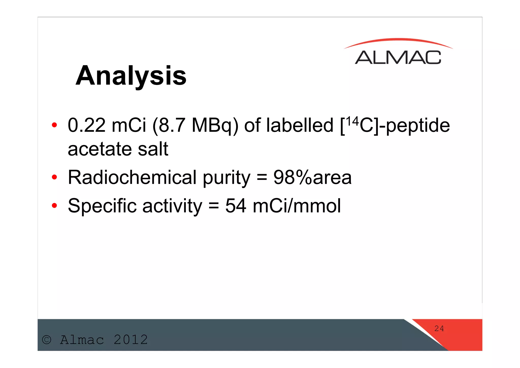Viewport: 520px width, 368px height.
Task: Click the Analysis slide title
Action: (x=131, y=76)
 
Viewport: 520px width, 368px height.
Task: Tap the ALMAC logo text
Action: (x=398, y=58)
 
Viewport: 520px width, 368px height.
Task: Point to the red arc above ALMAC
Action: (x=398, y=40)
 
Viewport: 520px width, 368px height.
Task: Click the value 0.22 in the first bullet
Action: (x=86, y=125)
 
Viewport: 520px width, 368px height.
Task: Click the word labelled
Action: (x=300, y=125)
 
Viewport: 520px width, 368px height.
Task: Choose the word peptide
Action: (x=418, y=126)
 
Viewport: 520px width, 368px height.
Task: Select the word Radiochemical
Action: (x=132, y=177)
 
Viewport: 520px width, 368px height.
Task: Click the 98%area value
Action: (x=312, y=177)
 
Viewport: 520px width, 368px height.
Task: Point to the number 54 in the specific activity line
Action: (x=236, y=206)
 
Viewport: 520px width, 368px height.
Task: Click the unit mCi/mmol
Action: (x=297, y=206)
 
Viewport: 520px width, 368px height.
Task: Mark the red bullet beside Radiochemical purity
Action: (x=54, y=177)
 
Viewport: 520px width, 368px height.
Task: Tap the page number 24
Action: (x=439, y=329)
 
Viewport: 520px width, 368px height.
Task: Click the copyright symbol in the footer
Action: (x=47, y=340)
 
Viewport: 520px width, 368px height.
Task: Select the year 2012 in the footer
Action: (x=131, y=340)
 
